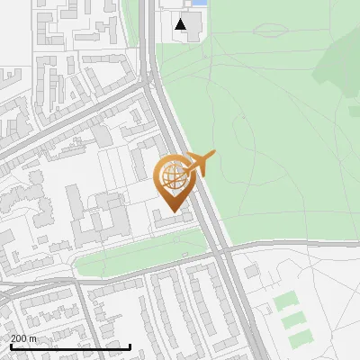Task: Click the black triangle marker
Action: pyautogui.click(x=182, y=24)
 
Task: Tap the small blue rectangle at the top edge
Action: pyautogui.click(x=200, y=4)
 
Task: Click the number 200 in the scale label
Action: pyautogui.click(x=18, y=338)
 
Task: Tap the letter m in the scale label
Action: pyautogui.click(x=33, y=338)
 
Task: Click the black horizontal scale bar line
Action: pyautogui.click(x=68, y=346)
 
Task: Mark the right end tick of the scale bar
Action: pyautogui.click(x=130, y=345)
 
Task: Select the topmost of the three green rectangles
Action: pyautogui.click(x=285, y=301)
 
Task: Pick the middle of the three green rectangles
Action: pyautogui.click(x=293, y=319)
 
